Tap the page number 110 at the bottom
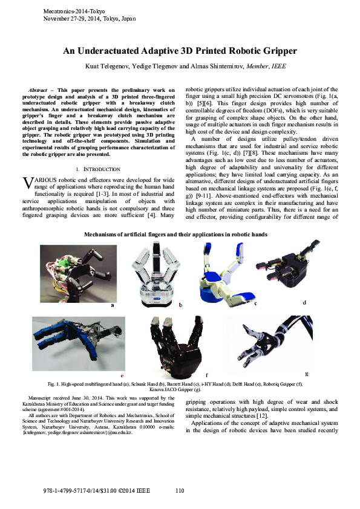pos(180,490)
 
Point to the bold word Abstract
pos(39,89)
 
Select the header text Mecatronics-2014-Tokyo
pos(74,12)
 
